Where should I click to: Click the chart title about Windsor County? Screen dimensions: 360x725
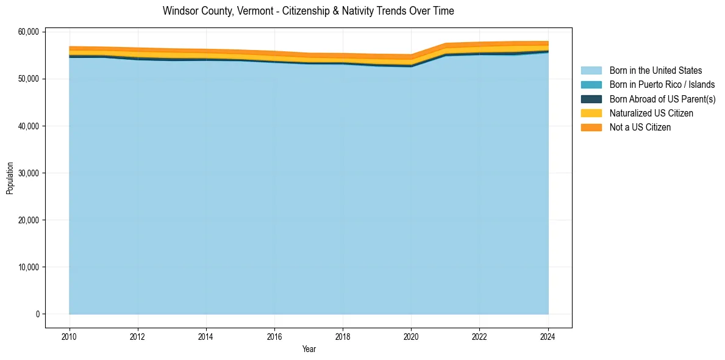coord(308,11)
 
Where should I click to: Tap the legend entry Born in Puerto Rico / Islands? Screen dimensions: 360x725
coord(662,85)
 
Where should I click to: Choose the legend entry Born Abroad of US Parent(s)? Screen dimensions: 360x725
coord(662,99)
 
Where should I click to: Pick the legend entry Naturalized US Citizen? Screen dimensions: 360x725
coord(651,113)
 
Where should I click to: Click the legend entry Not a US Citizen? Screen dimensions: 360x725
coord(640,128)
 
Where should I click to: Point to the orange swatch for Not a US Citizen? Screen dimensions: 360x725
coord(591,128)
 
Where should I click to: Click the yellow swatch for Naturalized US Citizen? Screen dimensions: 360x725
coord(591,113)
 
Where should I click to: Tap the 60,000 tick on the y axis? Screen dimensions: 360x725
coord(29,32)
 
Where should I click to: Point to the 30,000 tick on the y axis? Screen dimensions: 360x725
coord(29,173)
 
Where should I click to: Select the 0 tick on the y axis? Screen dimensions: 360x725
coord(38,314)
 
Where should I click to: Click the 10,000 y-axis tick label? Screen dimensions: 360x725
coord(29,267)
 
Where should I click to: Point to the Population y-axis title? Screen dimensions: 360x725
coord(10,178)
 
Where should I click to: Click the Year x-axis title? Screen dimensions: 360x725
coord(309,349)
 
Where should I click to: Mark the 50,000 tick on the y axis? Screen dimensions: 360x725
coord(29,79)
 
